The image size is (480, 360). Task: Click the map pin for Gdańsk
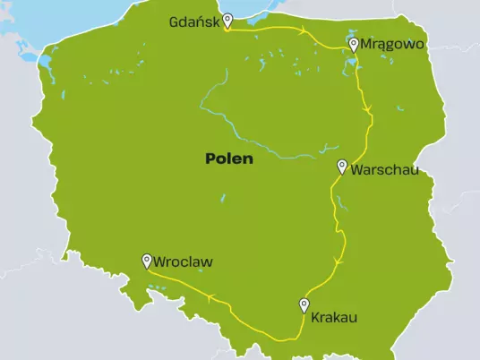tap(227, 20)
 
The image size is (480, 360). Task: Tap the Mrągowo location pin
tap(354, 44)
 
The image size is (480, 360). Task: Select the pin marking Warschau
tap(342, 166)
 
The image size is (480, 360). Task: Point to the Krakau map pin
tap(304, 305)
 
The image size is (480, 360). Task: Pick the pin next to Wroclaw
tap(147, 261)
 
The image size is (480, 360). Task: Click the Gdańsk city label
tap(194, 22)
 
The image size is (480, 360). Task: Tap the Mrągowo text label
tap(391, 43)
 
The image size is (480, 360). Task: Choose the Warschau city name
tap(384, 169)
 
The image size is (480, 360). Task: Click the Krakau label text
tap(334, 316)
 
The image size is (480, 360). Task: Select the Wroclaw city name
tap(184, 262)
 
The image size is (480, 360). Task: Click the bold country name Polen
tap(229, 159)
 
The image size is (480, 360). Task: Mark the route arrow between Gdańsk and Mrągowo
tap(304, 32)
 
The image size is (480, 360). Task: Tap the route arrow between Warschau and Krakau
tap(339, 261)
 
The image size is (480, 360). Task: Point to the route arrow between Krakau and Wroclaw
tap(210, 297)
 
